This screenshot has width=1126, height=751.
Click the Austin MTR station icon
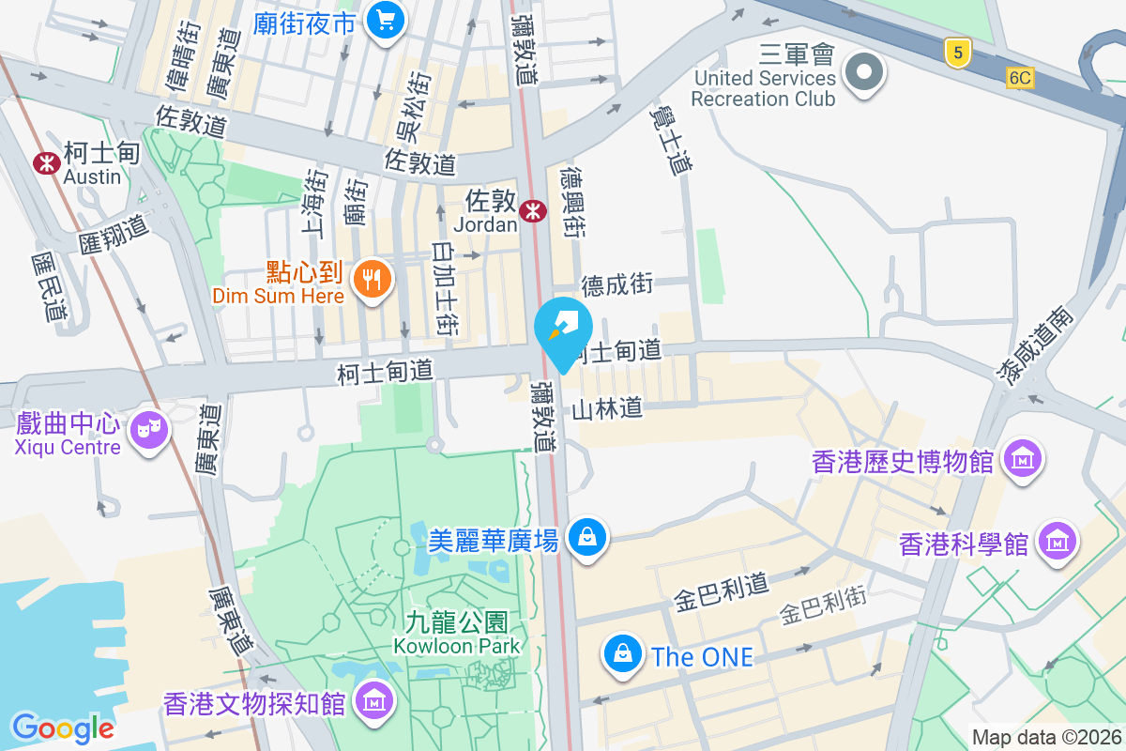click(46, 162)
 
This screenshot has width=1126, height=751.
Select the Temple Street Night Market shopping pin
click(384, 21)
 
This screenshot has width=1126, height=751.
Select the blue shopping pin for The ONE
click(622, 654)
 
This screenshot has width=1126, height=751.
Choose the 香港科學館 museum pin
click(1058, 542)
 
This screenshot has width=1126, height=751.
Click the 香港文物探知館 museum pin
click(374, 700)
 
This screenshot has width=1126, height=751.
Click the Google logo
click(62, 728)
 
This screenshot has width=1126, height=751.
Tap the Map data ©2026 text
click(1046, 738)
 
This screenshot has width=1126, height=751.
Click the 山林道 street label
click(607, 408)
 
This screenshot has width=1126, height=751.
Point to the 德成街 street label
click(617, 284)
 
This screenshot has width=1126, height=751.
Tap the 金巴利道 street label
click(721, 593)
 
